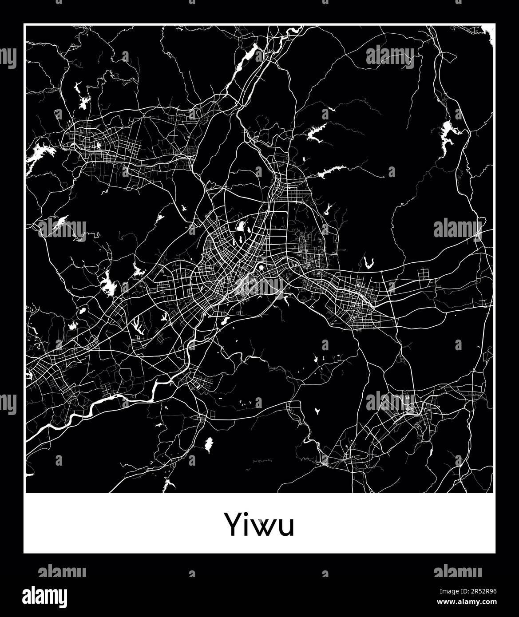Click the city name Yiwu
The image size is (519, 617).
tap(259, 525)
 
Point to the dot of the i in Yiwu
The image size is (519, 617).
tap(248, 514)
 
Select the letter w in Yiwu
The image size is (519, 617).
tap(264, 527)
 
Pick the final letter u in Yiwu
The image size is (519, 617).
tap(285, 527)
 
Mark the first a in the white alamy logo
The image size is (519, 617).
tap(26, 597)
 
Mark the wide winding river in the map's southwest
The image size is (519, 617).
tap(107, 402)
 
